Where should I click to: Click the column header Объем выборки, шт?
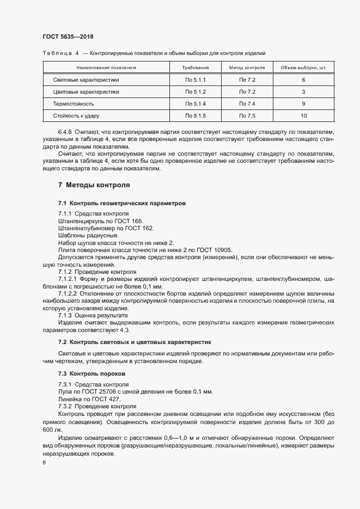click(303, 68)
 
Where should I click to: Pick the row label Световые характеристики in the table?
click(86, 80)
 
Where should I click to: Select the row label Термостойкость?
click(74, 103)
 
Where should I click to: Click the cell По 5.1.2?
click(196, 91)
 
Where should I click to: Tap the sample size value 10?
click(303, 115)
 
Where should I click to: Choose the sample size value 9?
click(303, 103)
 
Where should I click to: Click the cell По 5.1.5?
click(196, 115)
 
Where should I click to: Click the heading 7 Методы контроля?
click(94, 185)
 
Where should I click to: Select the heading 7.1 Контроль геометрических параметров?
click(122, 203)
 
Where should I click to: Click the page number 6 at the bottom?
click(44, 463)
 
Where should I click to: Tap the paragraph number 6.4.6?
click(66, 132)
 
